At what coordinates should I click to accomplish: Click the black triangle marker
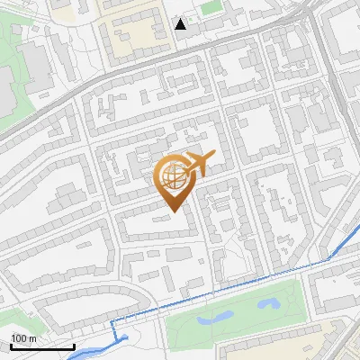(181, 24)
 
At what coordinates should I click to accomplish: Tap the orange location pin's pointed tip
(171, 211)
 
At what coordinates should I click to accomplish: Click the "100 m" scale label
(23, 337)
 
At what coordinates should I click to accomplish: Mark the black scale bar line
(42, 346)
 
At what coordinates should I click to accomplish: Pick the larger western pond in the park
(213, 318)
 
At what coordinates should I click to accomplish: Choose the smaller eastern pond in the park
(269, 303)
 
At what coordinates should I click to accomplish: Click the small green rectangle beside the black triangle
(211, 7)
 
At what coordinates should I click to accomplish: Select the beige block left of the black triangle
(135, 31)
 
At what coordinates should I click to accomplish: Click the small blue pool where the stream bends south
(121, 339)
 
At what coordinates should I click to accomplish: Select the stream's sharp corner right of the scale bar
(111, 321)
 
